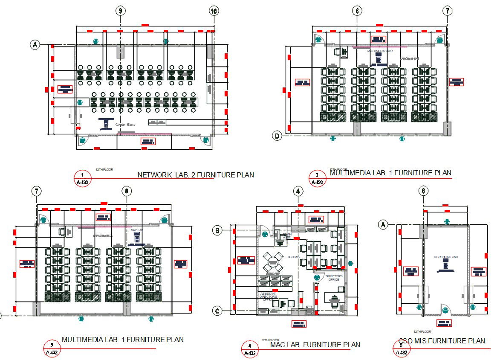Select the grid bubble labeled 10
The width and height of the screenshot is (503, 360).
(x=214, y=11)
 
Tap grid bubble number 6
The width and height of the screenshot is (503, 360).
(x=357, y=11)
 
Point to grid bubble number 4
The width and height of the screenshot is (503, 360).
(x=298, y=192)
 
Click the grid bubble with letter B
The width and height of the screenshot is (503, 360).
(x=217, y=231)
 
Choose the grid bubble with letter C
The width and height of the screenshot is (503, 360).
(x=217, y=311)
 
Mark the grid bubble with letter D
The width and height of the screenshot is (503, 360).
(x=278, y=136)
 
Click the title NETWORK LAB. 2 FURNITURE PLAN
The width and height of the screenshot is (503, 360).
(x=196, y=175)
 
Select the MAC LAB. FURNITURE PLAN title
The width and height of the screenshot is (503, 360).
(x=315, y=345)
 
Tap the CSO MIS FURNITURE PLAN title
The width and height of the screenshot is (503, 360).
(x=442, y=341)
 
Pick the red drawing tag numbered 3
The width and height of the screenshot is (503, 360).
(x=52, y=348)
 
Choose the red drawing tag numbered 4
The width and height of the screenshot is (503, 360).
(x=249, y=349)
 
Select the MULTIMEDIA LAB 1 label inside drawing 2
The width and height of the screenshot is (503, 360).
(x=380, y=51)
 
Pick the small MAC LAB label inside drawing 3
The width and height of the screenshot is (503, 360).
(x=136, y=230)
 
